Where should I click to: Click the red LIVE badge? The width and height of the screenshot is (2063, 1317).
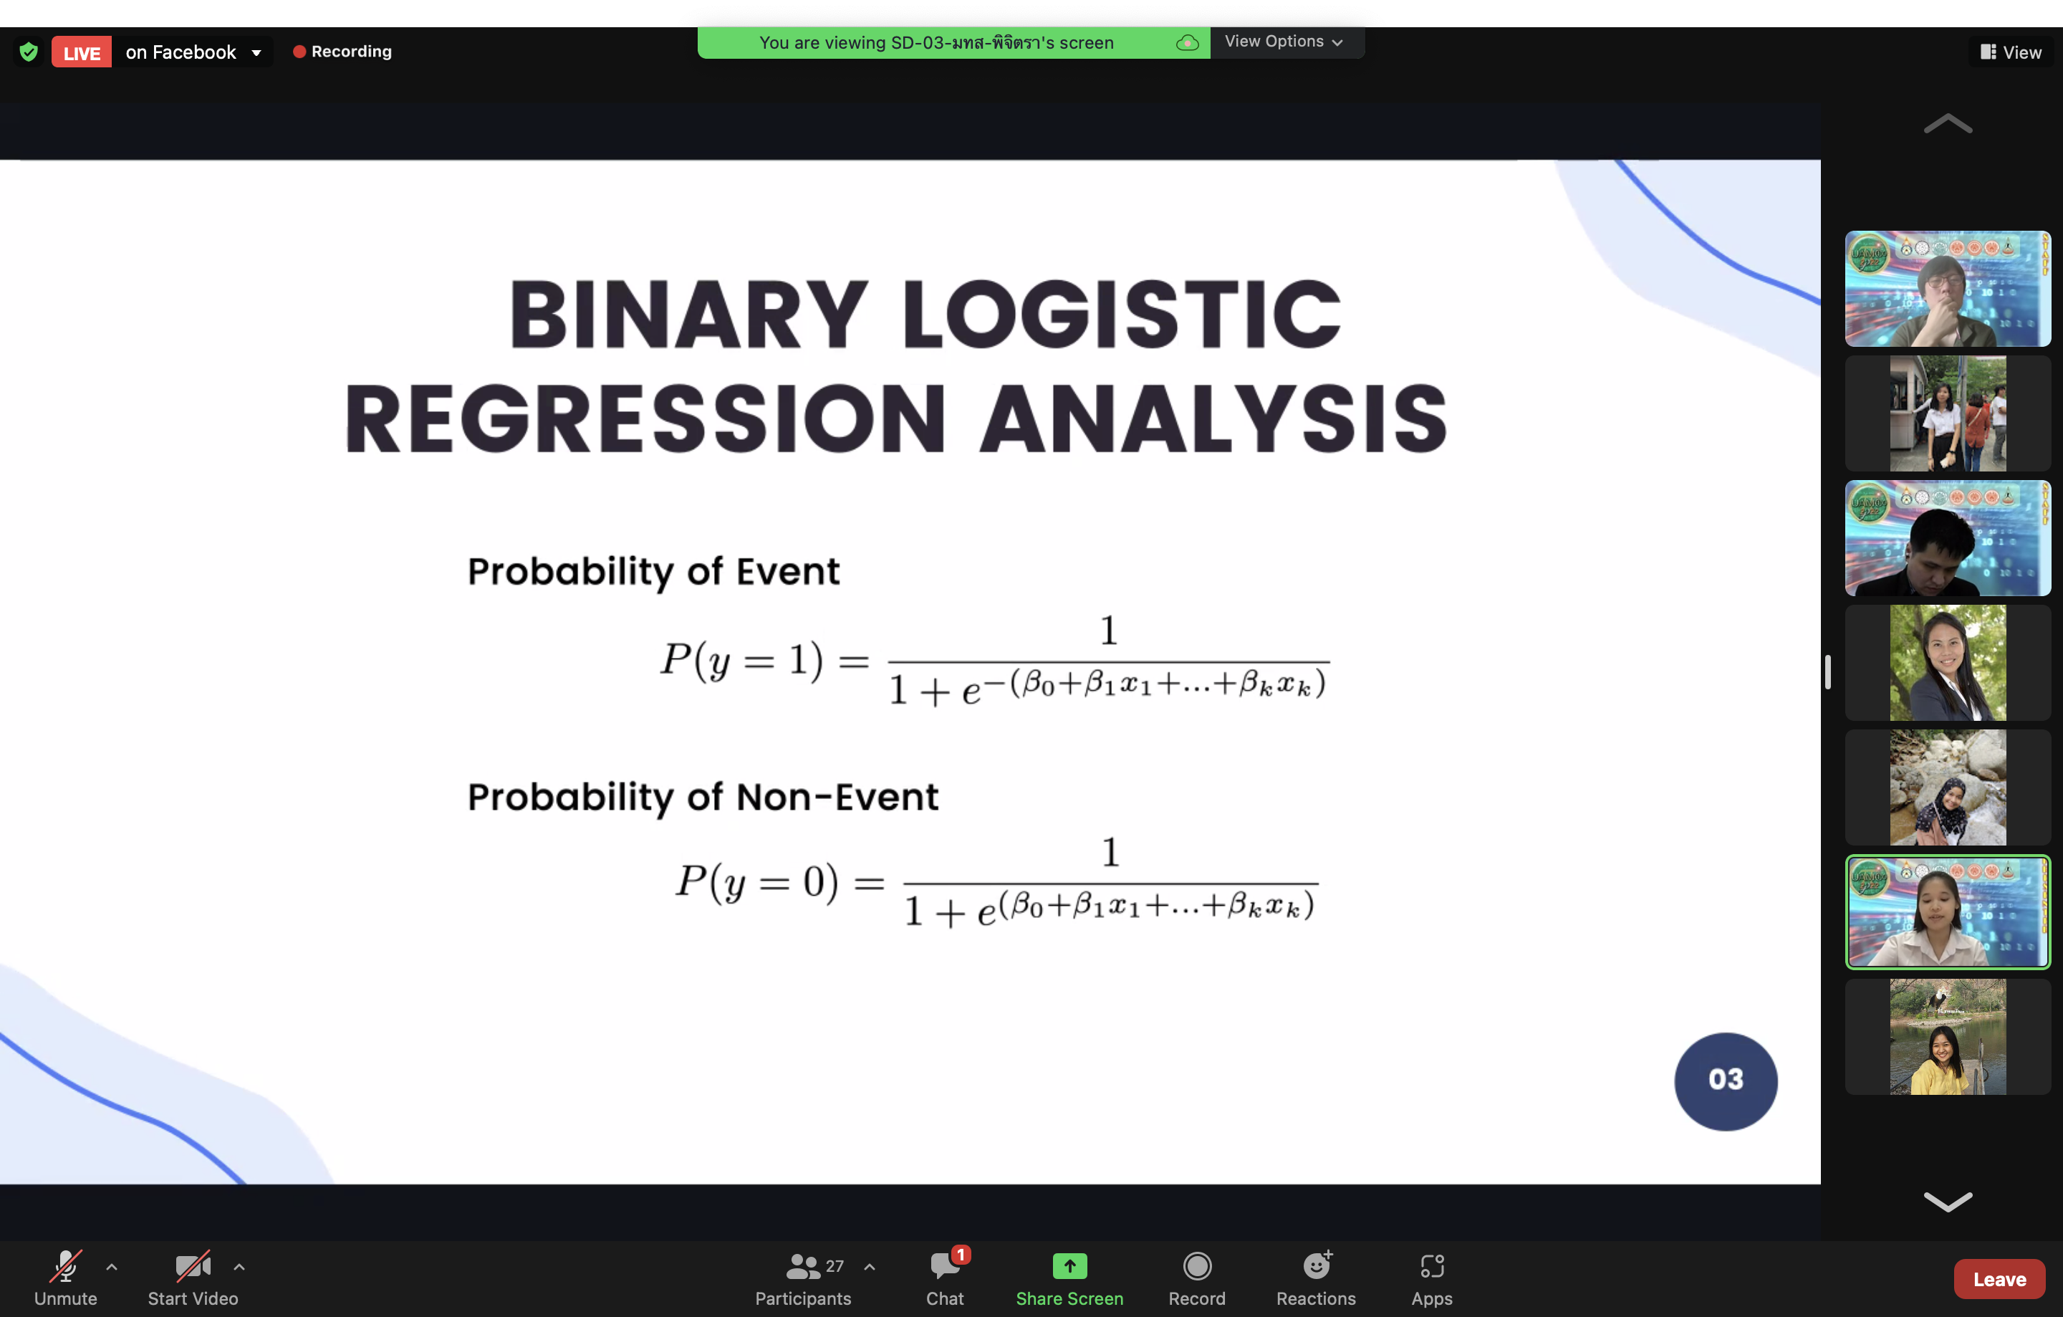pos(82,52)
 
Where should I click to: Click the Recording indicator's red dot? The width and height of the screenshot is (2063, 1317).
pos(299,52)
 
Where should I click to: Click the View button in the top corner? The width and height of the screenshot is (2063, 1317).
pos(2010,52)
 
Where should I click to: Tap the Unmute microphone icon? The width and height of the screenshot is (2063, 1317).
pos(66,1265)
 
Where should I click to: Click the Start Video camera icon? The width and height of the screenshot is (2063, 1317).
pos(193,1265)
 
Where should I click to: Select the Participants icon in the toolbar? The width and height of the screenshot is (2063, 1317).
pos(803,1265)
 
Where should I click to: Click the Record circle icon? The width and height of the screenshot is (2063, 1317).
pos(1197,1265)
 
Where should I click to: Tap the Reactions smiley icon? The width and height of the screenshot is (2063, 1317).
pos(1317,1265)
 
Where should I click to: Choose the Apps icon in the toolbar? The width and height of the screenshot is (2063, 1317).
pos(1432,1265)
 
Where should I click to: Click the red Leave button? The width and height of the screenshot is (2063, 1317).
pos(1999,1278)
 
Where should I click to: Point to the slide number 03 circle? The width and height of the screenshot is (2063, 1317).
pos(1726,1081)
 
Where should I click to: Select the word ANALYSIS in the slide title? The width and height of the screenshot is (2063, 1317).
pos(1213,419)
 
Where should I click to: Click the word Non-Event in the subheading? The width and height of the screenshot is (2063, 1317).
pos(837,797)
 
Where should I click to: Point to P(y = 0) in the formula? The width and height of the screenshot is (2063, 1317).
pos(756,883)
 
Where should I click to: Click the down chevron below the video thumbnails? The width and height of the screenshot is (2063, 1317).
pos(1948,1202)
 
